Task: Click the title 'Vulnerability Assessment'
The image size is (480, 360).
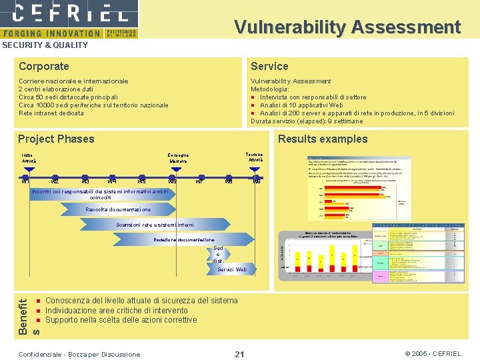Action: point(347,27)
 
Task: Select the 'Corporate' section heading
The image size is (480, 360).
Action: point(44,66)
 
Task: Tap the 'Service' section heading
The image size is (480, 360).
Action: point(269,66)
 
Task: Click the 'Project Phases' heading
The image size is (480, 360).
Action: point(57,139)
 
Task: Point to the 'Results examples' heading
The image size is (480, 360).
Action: point(323,139)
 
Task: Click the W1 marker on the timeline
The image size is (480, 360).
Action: point(25,180)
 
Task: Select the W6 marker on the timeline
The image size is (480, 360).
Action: point(172,180)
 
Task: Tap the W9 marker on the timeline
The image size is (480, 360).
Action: point(256,180)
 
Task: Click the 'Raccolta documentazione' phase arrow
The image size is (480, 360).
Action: point(118,209)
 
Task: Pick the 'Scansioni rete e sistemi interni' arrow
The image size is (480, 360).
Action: point(155,225)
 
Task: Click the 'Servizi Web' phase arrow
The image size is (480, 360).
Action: point(231,269)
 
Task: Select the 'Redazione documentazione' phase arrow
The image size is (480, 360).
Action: point(184,239)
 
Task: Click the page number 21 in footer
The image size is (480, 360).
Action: point(240,354)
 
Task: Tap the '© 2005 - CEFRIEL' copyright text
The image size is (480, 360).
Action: point(433,354)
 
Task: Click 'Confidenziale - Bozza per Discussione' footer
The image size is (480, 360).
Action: point(81,354)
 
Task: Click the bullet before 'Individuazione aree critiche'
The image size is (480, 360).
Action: point(39,311)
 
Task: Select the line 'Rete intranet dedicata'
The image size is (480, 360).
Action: point(51,113)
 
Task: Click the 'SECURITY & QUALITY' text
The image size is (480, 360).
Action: point(45,45)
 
